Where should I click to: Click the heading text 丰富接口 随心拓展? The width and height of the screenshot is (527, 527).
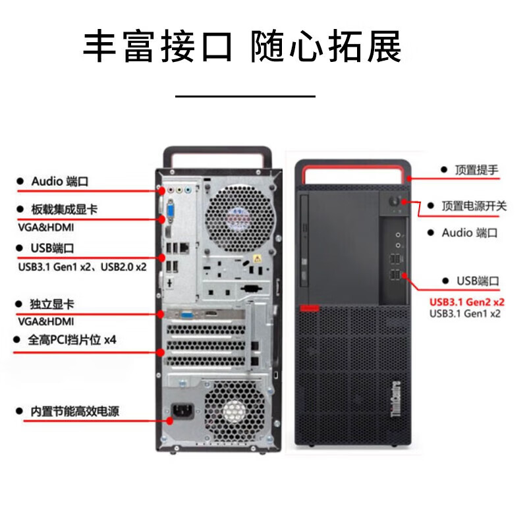point(242,47)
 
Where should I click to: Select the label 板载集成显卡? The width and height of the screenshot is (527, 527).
point(65,209)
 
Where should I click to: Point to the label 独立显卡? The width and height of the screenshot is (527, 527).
point(53,304)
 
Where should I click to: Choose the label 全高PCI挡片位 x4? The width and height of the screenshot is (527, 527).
point(72,340)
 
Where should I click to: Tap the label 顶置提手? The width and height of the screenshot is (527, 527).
point(476,170)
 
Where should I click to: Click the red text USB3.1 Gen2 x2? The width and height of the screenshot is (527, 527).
point(467,302)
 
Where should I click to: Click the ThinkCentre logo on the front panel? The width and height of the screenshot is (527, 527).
point(397,401)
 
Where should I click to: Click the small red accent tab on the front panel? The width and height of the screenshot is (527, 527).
point(309,307)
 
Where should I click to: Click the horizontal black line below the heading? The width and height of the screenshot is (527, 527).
point(245,96)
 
